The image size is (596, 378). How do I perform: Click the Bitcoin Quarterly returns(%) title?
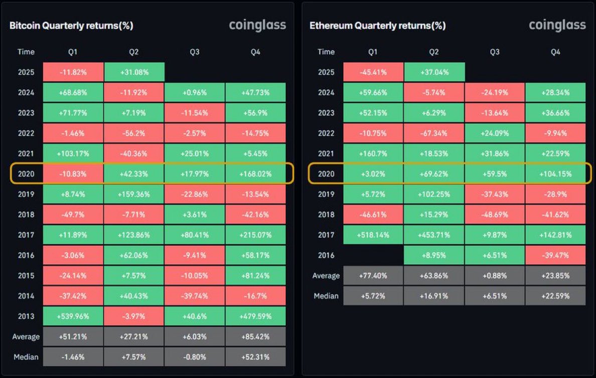tap(71, 26)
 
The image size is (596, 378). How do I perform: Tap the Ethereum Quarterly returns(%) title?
tap(377, 26)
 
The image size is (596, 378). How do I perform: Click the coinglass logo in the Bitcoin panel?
tap(257, 25)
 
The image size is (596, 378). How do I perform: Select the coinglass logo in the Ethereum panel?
tap(557, 25)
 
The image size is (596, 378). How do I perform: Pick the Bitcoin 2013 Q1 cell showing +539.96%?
tap(73, 316)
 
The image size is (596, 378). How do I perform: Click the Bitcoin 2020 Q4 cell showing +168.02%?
tap(255, 174)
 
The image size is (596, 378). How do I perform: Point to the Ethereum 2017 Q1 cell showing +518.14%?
tap(373, 235)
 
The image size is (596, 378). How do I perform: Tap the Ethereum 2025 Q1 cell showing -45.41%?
tap(373, 72)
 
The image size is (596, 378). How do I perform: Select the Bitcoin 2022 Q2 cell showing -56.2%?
tap(134, 133)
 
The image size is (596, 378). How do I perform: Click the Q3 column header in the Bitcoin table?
tap(195, 52)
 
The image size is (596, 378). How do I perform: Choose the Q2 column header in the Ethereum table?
tap(434, 52)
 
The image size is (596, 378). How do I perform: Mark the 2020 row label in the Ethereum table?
tap(326, 174)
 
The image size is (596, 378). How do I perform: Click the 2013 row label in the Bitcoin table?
tap(26, 316)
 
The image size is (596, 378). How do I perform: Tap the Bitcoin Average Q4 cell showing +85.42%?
tap(255, 336)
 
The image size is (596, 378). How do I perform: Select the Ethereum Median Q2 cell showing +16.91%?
tap(434, 296)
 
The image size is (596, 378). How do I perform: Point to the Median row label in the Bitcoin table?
tap(26, 357)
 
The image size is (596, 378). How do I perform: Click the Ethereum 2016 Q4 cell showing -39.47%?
tap(555, 255)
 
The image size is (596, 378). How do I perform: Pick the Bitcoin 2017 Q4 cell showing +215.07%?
tap(255, 235)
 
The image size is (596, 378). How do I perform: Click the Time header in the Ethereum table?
tap(326, 52)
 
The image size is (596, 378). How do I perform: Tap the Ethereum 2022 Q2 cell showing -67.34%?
tap(434, 133)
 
